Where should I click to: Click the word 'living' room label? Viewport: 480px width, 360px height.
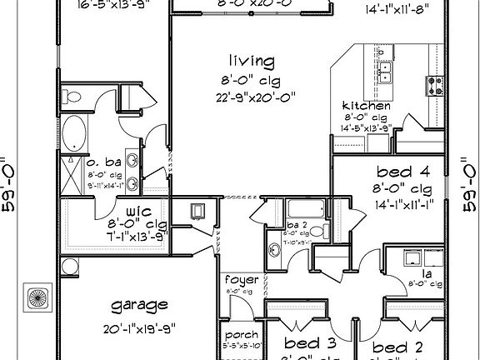tap(252, 61)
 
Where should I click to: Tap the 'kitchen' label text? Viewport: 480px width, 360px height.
tap(367, 107)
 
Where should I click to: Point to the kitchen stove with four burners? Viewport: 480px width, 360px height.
tap(435, 84)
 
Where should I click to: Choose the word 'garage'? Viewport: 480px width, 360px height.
tap(139, 304)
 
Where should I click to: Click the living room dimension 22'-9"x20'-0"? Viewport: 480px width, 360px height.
tap(253, 97)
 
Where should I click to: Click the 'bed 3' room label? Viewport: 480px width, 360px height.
tap(309, 344)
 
